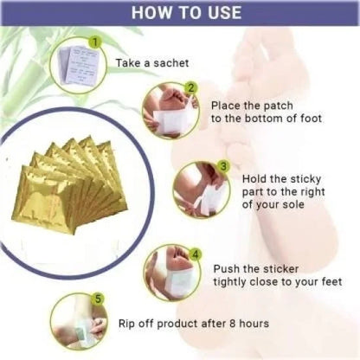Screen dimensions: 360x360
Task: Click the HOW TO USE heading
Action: (180, 14)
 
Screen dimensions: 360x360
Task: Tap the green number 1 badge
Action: (94, 41)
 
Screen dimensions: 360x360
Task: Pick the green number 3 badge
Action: (223, 166)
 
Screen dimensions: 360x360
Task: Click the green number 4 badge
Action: (196, 254)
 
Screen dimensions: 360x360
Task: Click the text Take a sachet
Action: (154, 62)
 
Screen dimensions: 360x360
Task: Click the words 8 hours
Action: (246, 323)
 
